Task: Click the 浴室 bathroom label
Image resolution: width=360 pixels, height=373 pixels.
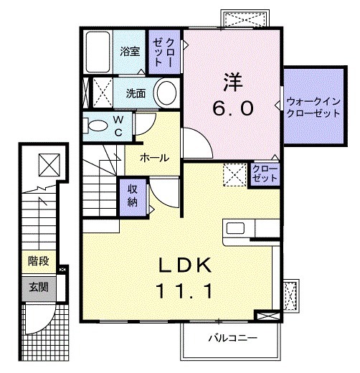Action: tap(129, 52)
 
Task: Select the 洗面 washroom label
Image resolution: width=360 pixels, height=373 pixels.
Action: tap(136, 93)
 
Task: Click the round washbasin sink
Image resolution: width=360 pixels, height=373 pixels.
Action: tap(167, 93)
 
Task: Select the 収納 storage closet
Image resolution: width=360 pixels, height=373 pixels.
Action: tap(133, 193)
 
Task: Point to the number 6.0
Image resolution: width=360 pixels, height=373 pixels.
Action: tap(232, 108)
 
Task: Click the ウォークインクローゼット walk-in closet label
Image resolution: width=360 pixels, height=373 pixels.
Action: tap(313, 106)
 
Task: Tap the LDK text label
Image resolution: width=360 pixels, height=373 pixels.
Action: tap(184, 267)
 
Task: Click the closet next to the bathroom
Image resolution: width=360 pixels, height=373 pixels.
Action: tap(165, 52)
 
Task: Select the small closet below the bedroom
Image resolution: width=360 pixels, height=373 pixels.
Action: tap(264, 174)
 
